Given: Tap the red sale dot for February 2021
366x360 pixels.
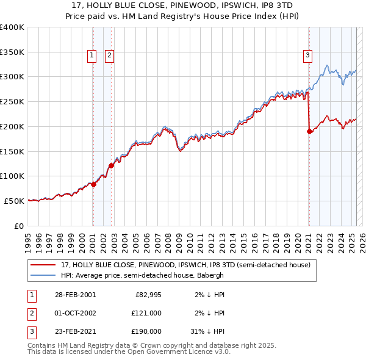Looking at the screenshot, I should pyautogui.click(x=309, y=131).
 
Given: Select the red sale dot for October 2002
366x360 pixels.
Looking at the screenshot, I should pyautogui.click(x=112, y=165).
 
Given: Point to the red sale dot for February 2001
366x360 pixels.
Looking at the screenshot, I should pyautogui.click(x=93, y=184).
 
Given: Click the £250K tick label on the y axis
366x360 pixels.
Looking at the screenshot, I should pyautogui.click(x=12, y=102).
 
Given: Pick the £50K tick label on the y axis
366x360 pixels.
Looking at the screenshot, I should pyautogui.click(x=14, y=201).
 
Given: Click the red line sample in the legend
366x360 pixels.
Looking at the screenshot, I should pyautogui.click(x=43, y=265).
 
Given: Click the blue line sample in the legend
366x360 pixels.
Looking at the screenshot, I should pyautogui.click(x=43, y=275).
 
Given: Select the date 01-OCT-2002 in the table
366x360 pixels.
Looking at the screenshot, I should pyautogui.click(x=76, y=313).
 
